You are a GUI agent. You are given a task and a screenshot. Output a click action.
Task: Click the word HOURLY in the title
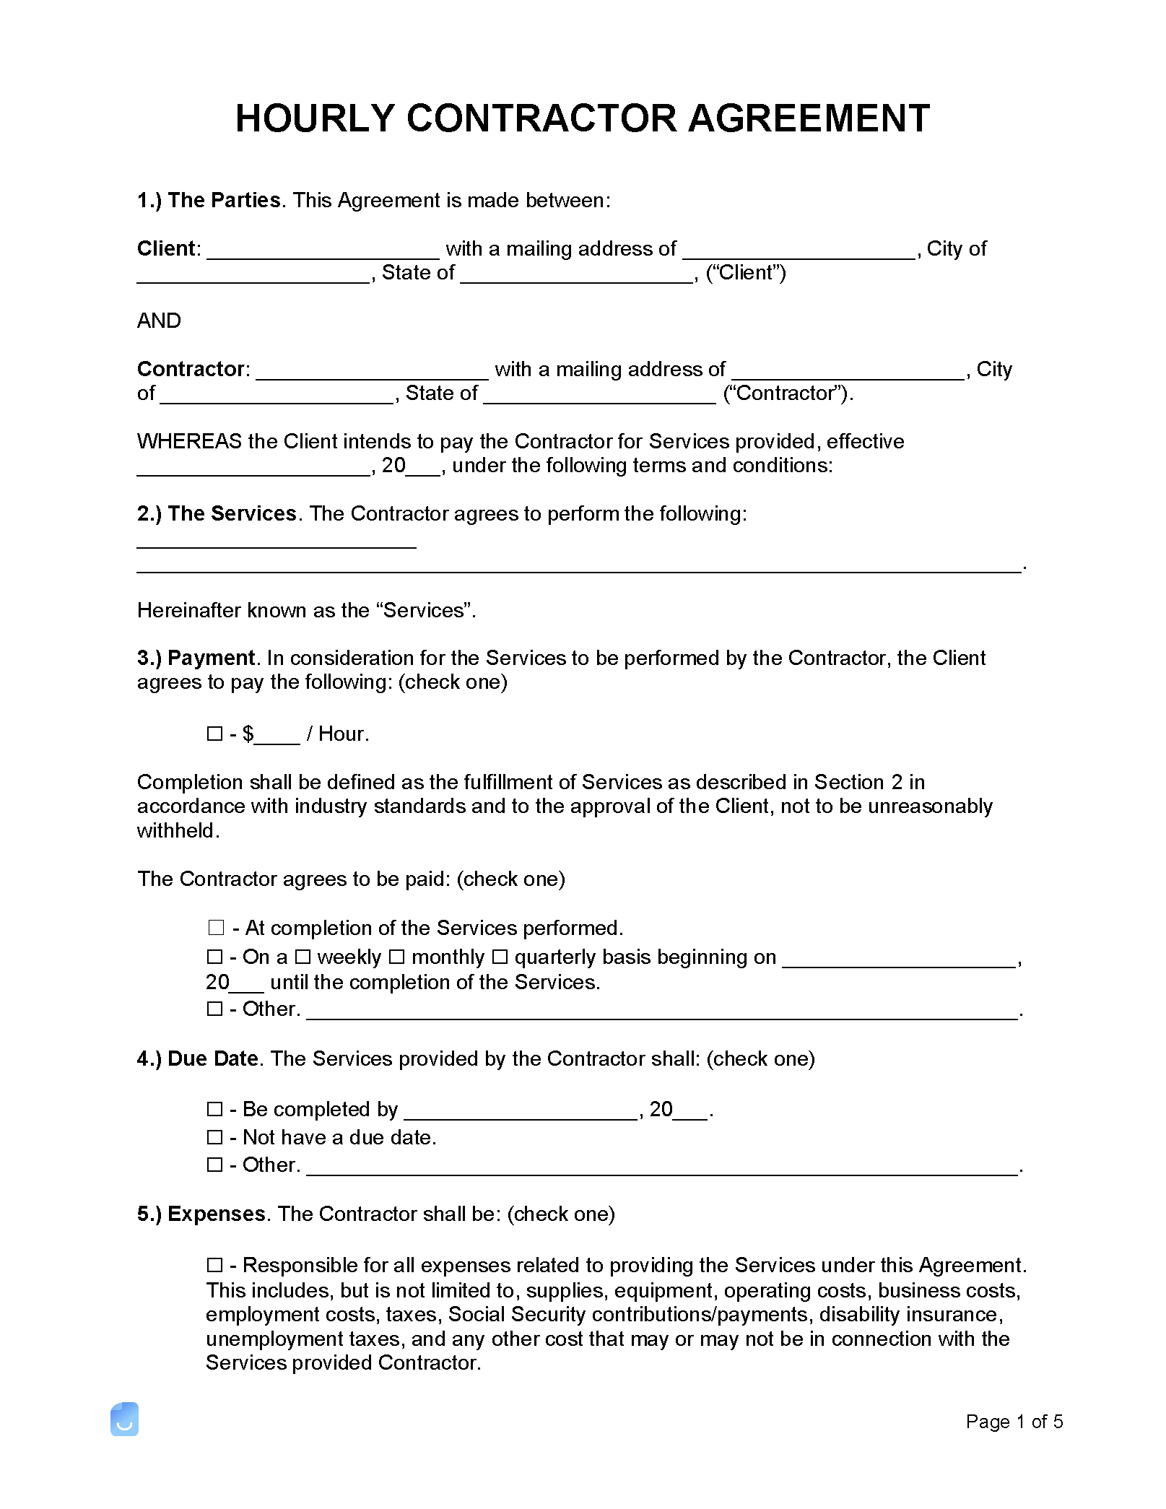coord(316,118)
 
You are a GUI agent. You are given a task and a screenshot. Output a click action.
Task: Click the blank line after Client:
coord(323,251)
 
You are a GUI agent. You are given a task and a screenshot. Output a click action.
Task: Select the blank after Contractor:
coord(372,371)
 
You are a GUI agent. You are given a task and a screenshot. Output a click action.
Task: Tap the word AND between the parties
coord(159,321)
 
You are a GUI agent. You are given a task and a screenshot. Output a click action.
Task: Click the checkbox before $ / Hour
coord(214,734)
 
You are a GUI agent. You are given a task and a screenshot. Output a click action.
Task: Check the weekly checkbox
coord(303,957)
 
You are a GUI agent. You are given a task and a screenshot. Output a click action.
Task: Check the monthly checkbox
coord(397,957)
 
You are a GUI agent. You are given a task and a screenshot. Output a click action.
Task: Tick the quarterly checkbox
coord(500,957)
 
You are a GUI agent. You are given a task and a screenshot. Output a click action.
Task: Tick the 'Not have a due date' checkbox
coord(214,1137)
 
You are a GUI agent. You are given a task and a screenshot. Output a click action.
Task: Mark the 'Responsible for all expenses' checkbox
coord(214,1265)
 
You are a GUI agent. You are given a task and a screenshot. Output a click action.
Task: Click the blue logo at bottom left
coord(124,1419)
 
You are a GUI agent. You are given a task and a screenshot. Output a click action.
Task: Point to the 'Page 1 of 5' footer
coord(1014,1422)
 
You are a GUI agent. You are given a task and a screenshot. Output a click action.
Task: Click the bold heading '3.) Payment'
coord(196,658)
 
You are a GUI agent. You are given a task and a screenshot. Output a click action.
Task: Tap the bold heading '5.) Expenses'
coord(201,1214)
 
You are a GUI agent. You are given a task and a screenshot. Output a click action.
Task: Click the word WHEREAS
coord(189,441)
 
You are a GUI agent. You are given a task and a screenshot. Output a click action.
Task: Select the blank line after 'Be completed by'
coord(521,1111)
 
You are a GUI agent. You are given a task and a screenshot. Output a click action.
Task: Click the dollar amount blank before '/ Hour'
coord(277,736)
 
